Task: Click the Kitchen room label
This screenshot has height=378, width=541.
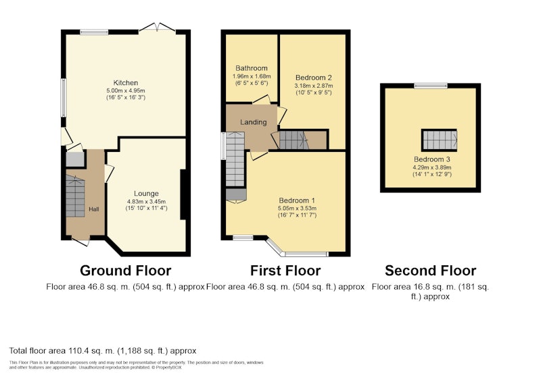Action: point(126,82)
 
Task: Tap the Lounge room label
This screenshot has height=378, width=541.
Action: point(146,194)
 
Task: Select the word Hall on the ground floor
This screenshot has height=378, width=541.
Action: point(94,209)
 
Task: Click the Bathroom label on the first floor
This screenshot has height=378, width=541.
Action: point(252,68)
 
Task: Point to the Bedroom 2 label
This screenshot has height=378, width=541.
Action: point(314,78)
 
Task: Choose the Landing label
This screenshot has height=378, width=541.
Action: point(253,122)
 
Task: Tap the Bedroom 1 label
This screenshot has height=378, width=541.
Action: point(297,200)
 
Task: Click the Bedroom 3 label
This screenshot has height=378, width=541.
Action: point(432,159)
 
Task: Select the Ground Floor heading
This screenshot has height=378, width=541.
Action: point(126,271)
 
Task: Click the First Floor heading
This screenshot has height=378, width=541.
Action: point(285,271)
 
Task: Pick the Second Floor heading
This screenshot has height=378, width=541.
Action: point(431,271)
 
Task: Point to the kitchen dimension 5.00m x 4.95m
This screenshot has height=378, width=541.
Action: point(126,90)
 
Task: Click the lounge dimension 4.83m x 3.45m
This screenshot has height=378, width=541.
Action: point(146,201)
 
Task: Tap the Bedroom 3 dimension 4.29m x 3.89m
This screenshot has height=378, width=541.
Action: point(432,167)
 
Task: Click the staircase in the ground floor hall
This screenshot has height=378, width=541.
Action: point(75,196)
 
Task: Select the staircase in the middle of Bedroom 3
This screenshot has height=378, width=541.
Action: point(439,140)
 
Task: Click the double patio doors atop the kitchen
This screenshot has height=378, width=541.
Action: point(157,28)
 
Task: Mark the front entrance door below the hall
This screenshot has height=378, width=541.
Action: point(81,242)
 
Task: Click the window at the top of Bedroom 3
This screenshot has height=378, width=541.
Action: point(431,85)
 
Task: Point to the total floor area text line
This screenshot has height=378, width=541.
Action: point(103,351)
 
